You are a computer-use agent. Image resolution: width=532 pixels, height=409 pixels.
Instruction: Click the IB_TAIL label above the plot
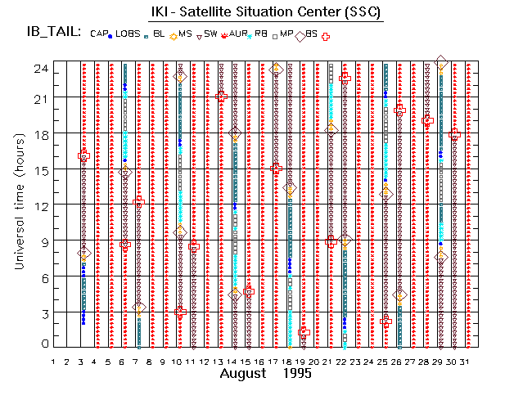52,33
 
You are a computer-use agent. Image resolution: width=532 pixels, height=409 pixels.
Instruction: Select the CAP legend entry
99,34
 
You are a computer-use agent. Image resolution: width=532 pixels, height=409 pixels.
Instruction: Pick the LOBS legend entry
128,34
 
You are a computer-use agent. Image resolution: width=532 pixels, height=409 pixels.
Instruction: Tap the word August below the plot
243,374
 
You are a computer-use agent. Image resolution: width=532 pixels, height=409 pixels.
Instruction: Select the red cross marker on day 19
303,331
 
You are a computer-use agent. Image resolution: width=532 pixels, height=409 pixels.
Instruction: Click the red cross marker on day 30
455,133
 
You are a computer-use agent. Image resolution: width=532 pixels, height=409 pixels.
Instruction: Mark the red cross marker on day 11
193,245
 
